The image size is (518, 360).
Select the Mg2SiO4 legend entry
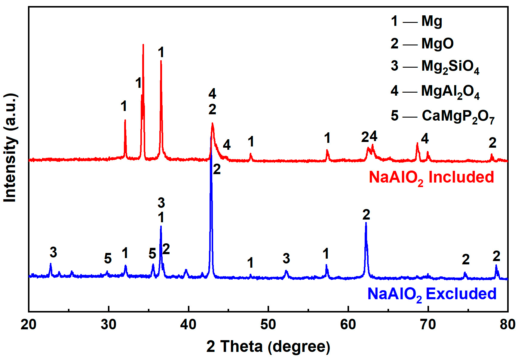click(435, 66)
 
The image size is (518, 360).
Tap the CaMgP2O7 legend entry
click(443, 116)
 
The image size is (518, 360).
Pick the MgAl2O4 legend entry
click(435, 91)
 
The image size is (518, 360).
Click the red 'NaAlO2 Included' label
click(431, 177)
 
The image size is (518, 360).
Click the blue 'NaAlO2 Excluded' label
click(432, 294)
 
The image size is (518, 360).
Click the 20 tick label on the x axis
click(29, 325)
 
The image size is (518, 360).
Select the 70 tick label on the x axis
click(428, 325)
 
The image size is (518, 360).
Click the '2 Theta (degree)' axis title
click(268, 346)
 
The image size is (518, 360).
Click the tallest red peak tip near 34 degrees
click(143, 45)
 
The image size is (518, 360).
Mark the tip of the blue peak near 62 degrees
click(366, 223)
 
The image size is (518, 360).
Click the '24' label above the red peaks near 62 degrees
click(369, 137)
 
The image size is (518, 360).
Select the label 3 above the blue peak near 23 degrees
click(53, 252)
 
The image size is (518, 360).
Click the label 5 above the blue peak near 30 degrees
click(108, 259)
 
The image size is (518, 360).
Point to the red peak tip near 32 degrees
click(125, 120)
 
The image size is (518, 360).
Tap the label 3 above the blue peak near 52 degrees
click(286, 259)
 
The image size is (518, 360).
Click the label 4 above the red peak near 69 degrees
click(425, 139)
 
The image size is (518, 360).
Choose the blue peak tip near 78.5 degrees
click(496, 265)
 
